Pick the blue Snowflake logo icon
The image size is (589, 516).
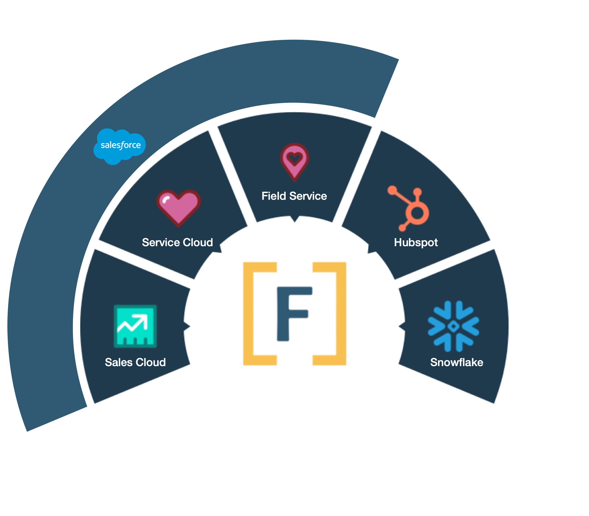click(453, 326)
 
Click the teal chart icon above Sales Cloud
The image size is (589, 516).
click(135, 326)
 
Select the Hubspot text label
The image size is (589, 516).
click(416, 243)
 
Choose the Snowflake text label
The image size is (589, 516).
click(457, 362)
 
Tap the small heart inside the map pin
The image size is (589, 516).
click(294, 158)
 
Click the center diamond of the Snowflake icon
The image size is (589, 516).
click(454, 326)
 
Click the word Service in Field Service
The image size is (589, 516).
click(308, 196)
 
